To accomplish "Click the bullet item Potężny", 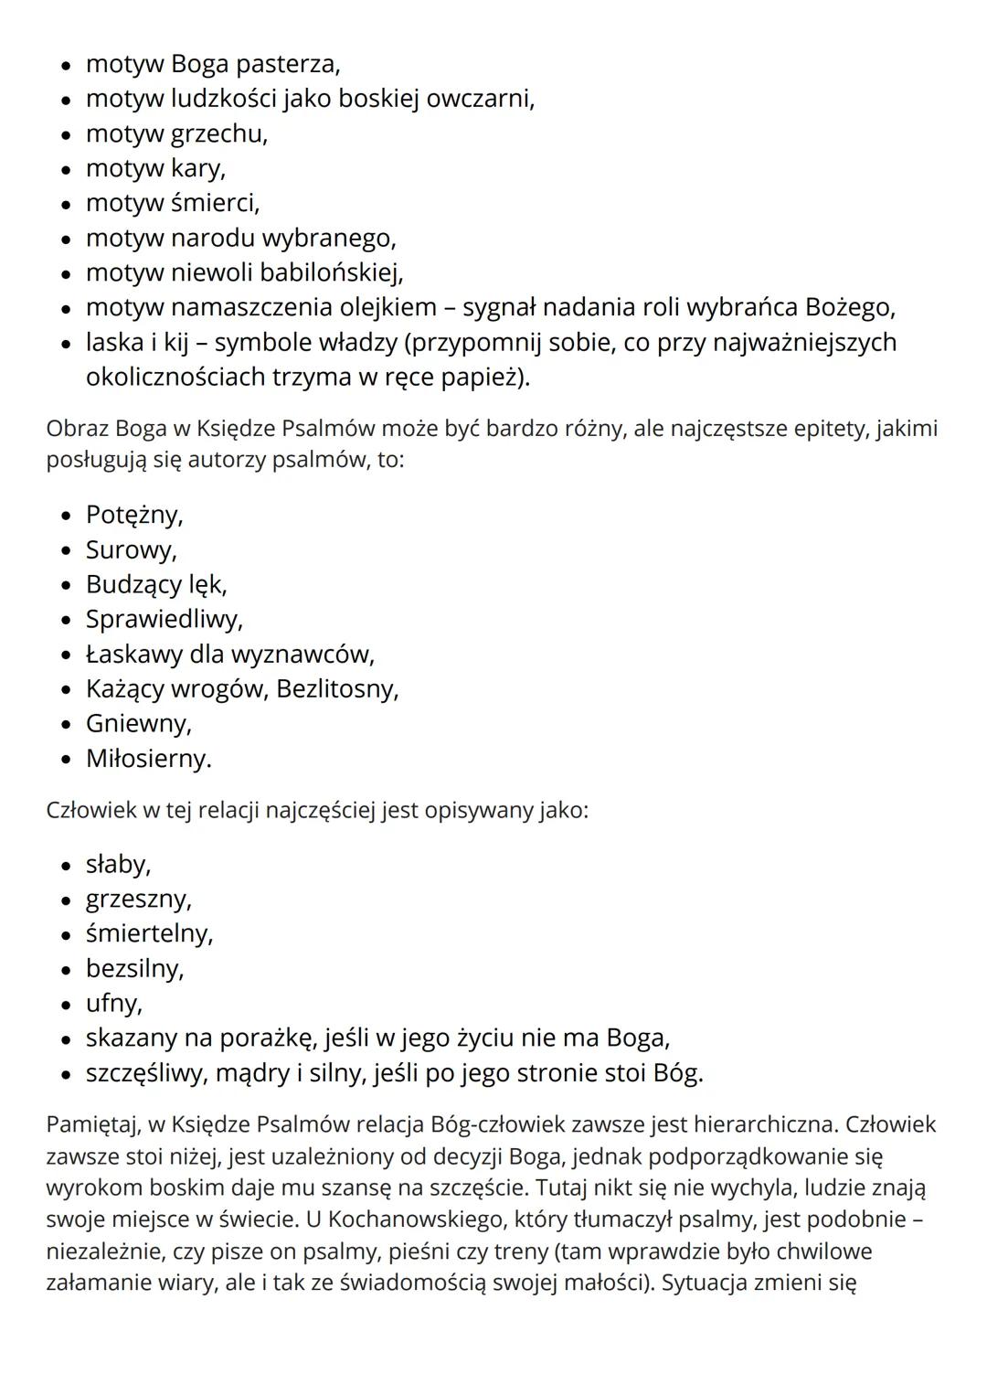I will point(134,515).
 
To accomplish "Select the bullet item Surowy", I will point(131,549).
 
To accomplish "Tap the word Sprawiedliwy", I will point(164,619).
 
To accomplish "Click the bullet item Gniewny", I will point(139,723).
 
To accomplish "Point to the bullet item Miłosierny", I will point(148,758).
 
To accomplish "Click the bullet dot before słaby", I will point(66,865).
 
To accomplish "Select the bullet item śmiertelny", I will point(149,933).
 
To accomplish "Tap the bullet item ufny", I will point(113,1003).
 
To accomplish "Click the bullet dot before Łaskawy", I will point(66,655).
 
